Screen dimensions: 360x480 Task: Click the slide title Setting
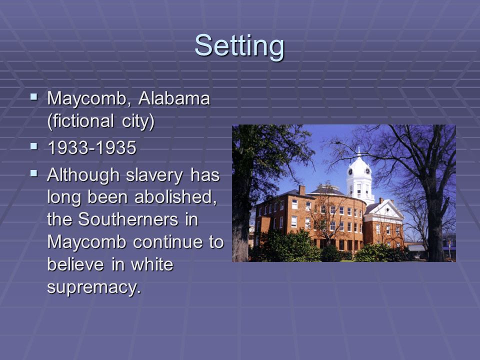pos(239,45)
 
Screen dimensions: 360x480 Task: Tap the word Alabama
pos(174,98)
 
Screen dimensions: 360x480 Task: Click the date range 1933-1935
pos(91,148)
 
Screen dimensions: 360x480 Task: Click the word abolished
pos(175,197)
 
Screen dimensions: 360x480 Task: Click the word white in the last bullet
pos(149,264)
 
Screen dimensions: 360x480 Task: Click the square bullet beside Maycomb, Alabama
pos(34,96)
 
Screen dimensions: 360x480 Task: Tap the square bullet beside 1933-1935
pos(34,146)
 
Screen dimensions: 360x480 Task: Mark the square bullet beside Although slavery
pos(34,173)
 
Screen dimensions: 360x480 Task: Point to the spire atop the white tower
pos(359,150)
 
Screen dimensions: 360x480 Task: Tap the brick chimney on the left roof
pos(301,190)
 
